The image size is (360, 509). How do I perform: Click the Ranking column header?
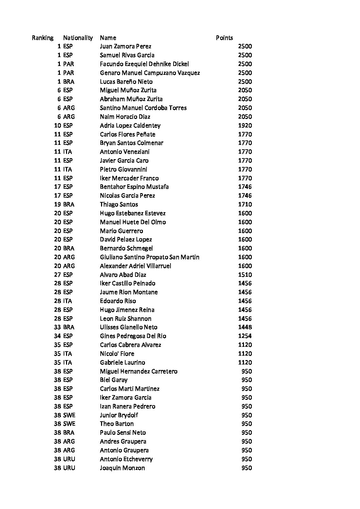(43, 38)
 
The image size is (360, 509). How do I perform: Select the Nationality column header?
(78, 38)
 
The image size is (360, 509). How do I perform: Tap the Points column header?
(224, 38)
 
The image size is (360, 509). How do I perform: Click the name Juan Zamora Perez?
(126, 46)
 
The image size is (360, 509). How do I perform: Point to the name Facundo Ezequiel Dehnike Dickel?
(144, 64)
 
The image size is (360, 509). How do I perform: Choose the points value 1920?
(245, 125)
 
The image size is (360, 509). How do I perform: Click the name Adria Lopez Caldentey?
(130, 125)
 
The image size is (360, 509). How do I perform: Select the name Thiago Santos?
(119, 204)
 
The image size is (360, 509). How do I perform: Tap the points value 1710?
(245, 204)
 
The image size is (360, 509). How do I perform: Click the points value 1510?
(245, 275)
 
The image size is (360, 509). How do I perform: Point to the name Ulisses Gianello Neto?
(129, 327)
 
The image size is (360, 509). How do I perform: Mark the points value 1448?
(245, 327)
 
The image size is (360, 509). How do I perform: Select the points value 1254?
(245, 336)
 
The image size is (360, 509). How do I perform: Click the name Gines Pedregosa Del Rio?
(133, 336)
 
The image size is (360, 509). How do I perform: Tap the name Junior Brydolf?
(119, 415)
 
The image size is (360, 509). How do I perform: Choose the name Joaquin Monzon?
(122, 468)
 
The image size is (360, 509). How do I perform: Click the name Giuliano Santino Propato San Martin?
(149, 257)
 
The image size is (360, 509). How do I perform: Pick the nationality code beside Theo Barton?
(69, 424)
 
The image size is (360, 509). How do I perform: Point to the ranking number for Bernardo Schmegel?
(58, 248)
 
